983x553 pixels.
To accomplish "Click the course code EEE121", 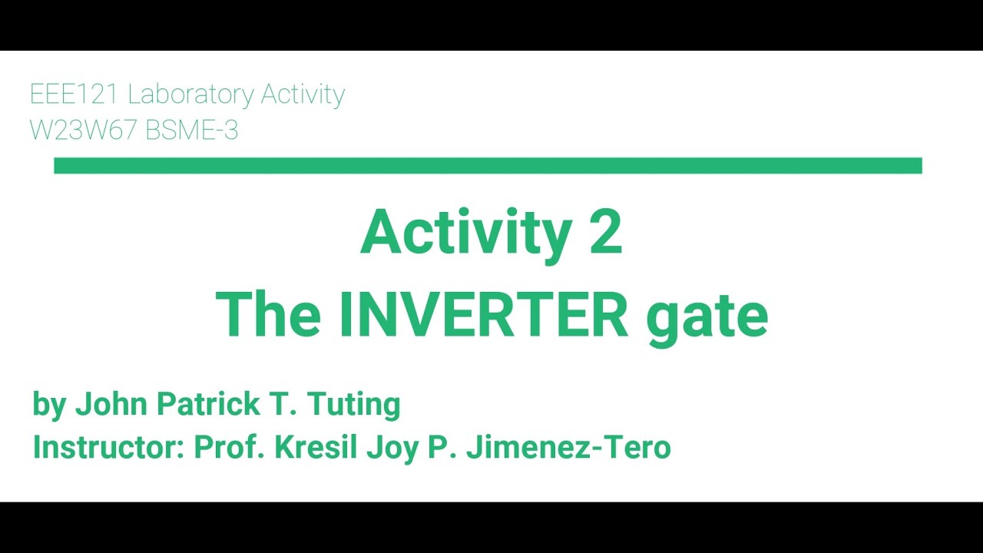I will pyautogui.click(x=74, y=94).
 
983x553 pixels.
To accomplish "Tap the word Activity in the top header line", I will pyautogui.click(x=303, y=94).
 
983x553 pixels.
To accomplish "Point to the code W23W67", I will pyautogui.click(x=83, y=131).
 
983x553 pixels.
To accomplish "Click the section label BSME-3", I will pyautogui.click(x=191, y=131).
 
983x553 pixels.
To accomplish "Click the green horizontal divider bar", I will pyautogui.click(x=488, y=166).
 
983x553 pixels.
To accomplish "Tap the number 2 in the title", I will pyautogui.click(x=606, y=233).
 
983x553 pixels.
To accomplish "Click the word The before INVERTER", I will pyautogui.click(x=268, y=315).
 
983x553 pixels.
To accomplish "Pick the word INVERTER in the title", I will pyautogui.click(x=484, y=315).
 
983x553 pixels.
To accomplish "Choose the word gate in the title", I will pyautogui.click(x=707, y=316).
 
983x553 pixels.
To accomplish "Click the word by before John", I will pyautogui.click(x=50, y=405).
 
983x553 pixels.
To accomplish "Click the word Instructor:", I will pyautogui.click(x=108, y=447).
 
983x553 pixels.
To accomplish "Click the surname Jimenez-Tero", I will pyautogui.click(x=568, y=447).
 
